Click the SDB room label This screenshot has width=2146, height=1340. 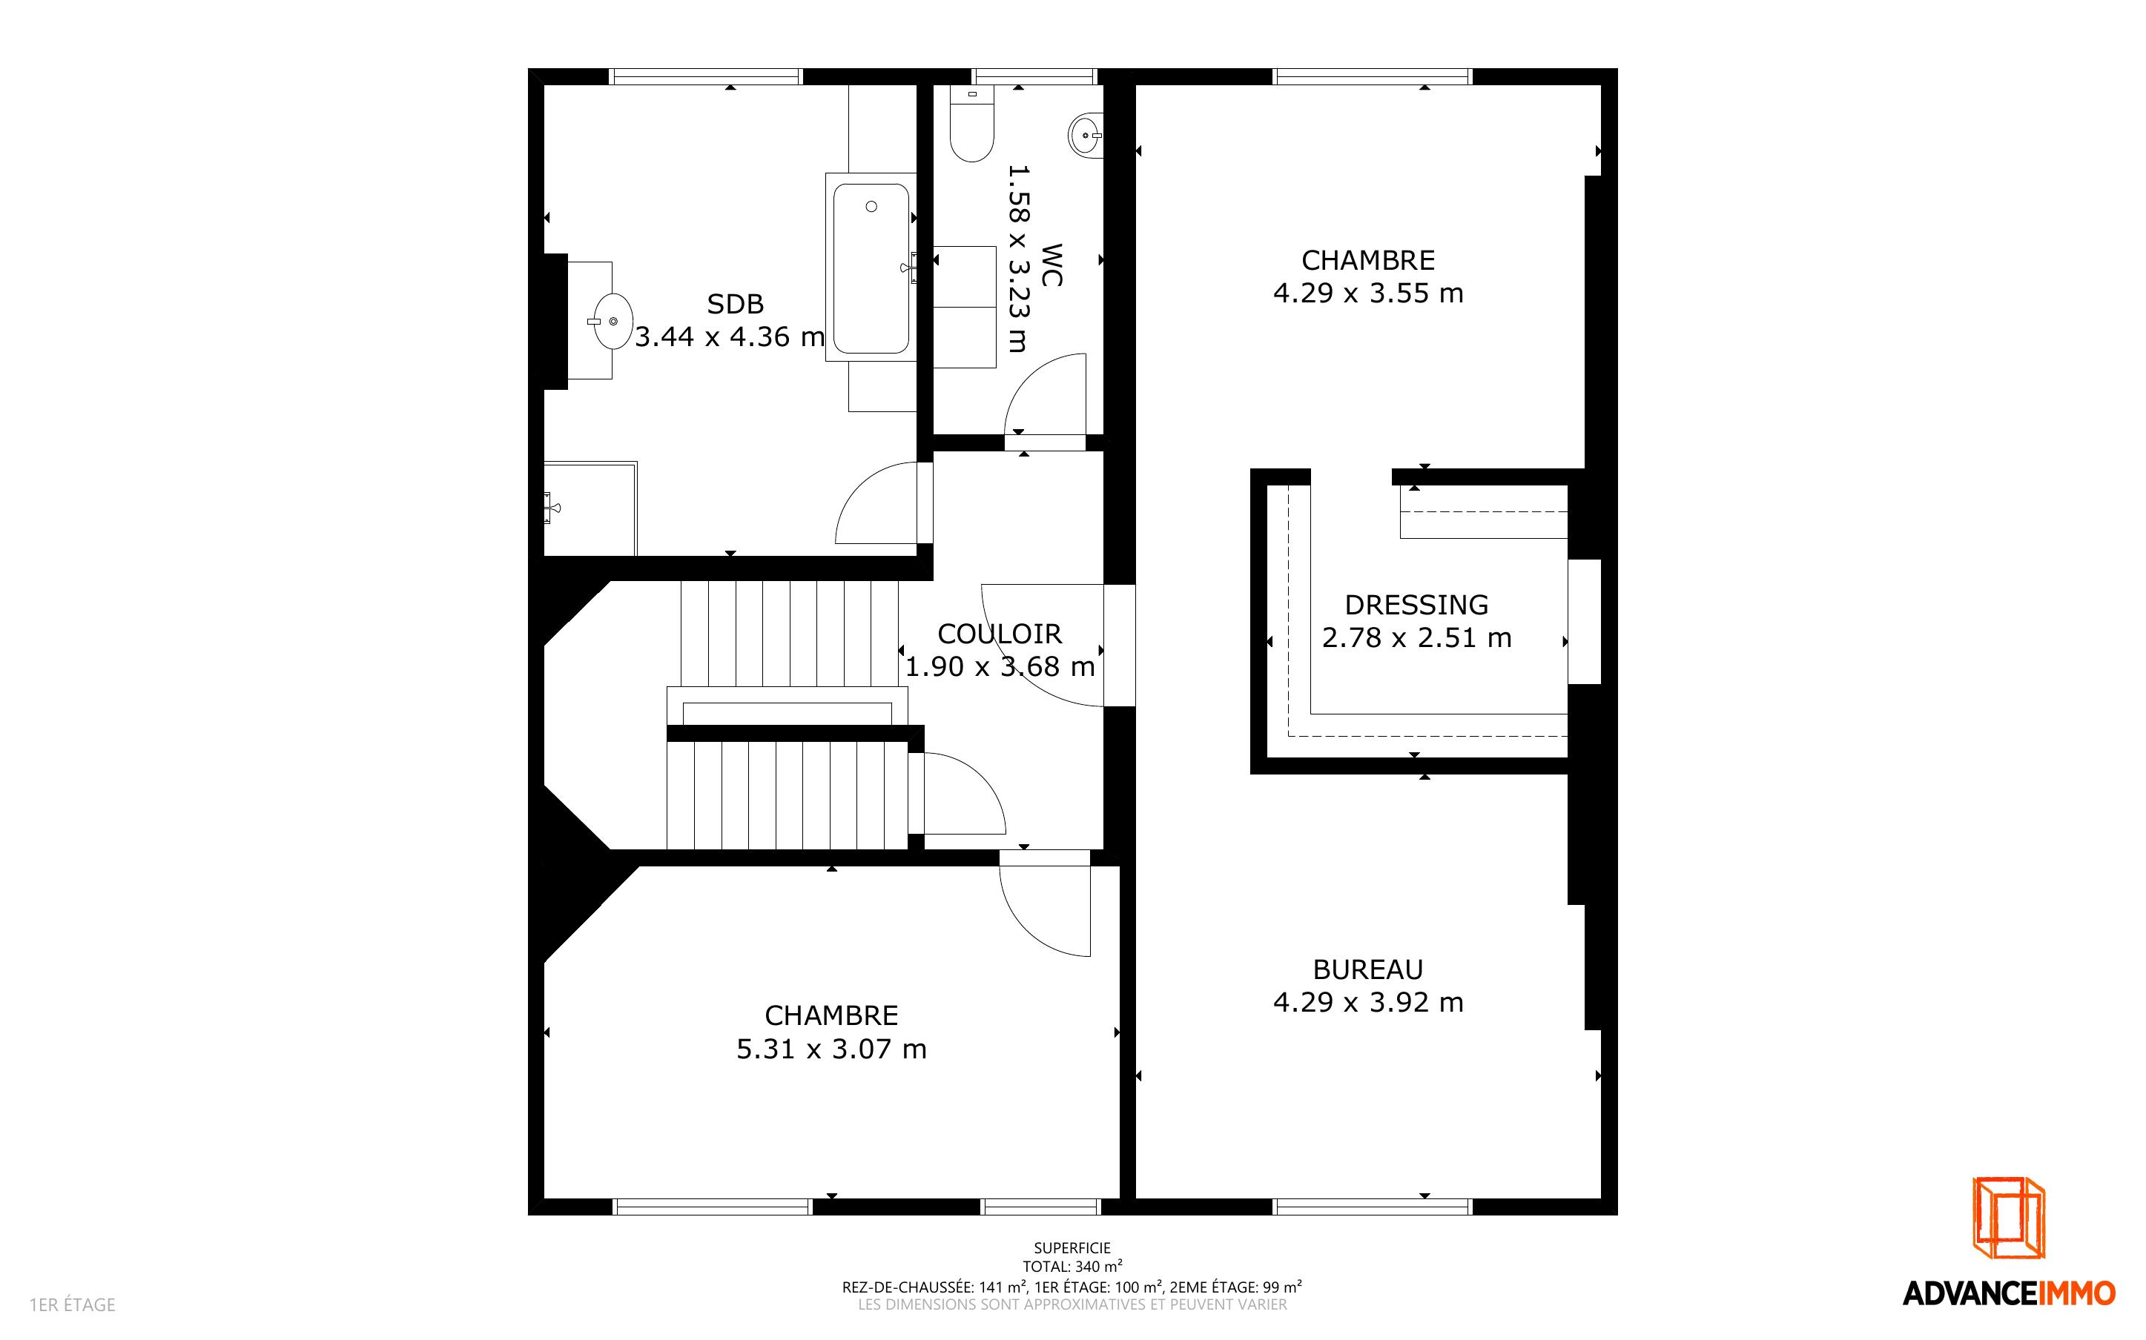[735, 304]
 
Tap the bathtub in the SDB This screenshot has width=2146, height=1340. [871, 267]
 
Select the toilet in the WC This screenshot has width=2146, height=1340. [971, 123]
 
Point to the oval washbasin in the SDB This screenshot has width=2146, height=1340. [613, 321]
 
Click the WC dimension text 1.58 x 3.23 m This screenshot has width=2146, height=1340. [1017, 258]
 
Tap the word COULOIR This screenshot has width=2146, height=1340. [999, 634]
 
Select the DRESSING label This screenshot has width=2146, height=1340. [1416, 605]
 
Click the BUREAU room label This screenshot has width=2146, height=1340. [1367, 969]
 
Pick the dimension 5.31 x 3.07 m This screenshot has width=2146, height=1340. [831, 1049]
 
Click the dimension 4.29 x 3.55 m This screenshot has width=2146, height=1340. [1367, 293]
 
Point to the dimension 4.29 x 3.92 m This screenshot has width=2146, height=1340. [1367, 1002]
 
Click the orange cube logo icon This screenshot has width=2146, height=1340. [2009, 1217]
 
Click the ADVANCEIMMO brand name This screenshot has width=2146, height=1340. [2009, 1293]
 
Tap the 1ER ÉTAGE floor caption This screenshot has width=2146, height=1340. [73, 1304]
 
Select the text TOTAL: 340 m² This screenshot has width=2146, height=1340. [1072, 1267]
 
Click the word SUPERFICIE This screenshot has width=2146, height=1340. [1072, 1248]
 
